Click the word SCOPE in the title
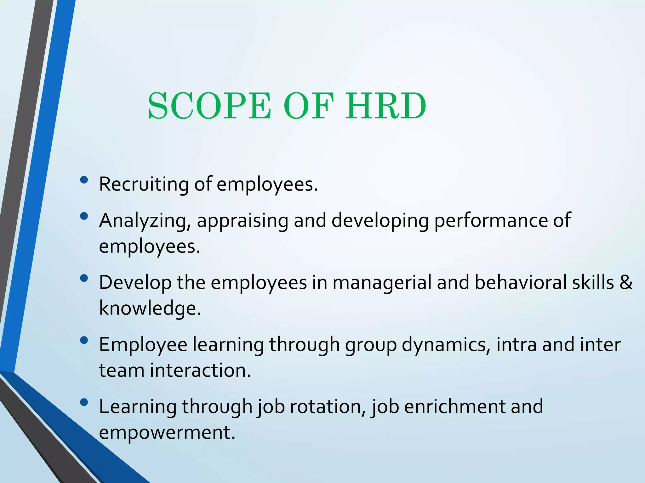click(x=209, y=106)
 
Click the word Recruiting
click(x=144, y=184)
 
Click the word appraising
click(x=243, y=221)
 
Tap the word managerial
click(x=382, y=282)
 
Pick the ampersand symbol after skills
click(x=626, y=282)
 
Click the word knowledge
click(x=150, y=308)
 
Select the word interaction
click(x=200, y=370)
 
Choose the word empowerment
click(x=167, y=432)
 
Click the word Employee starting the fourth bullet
click(x=143, y=345)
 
